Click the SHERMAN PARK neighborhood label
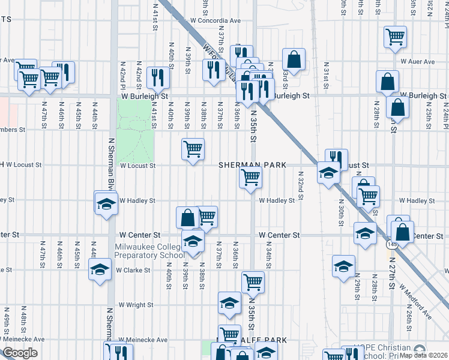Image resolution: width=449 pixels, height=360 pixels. pos(243,165)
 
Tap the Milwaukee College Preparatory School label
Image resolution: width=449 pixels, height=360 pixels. pos(150,251)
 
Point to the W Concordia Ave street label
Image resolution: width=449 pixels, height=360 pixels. pos(215,20)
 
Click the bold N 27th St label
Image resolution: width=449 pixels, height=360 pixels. pos(391,270)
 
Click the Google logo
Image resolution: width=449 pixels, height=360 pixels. pos(20,352)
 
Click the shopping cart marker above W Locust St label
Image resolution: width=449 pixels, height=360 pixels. pos(193,148)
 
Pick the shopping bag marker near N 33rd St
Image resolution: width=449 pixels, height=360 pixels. pos(294,59)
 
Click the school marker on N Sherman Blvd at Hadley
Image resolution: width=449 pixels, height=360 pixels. pos(106,203)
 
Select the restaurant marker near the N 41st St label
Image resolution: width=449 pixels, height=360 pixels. pos(157,76)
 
